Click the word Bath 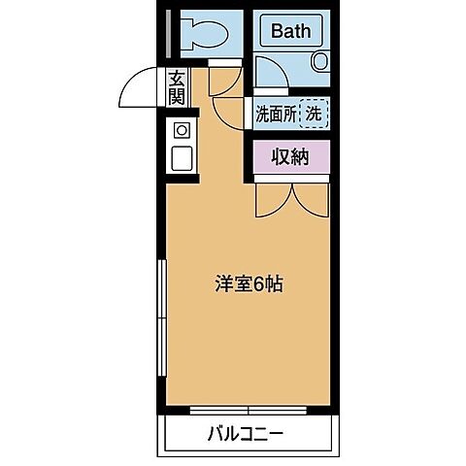tap(290, 31)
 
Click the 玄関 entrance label tap(177, 88)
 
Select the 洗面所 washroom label tap(275, 113)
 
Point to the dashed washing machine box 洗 tap(314, 113)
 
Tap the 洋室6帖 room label tap(249, 285)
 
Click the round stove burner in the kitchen tap(181, 130)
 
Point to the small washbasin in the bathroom tap(320, 62)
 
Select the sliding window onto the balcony tap(249, 408)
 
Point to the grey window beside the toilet tap(167, 34)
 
